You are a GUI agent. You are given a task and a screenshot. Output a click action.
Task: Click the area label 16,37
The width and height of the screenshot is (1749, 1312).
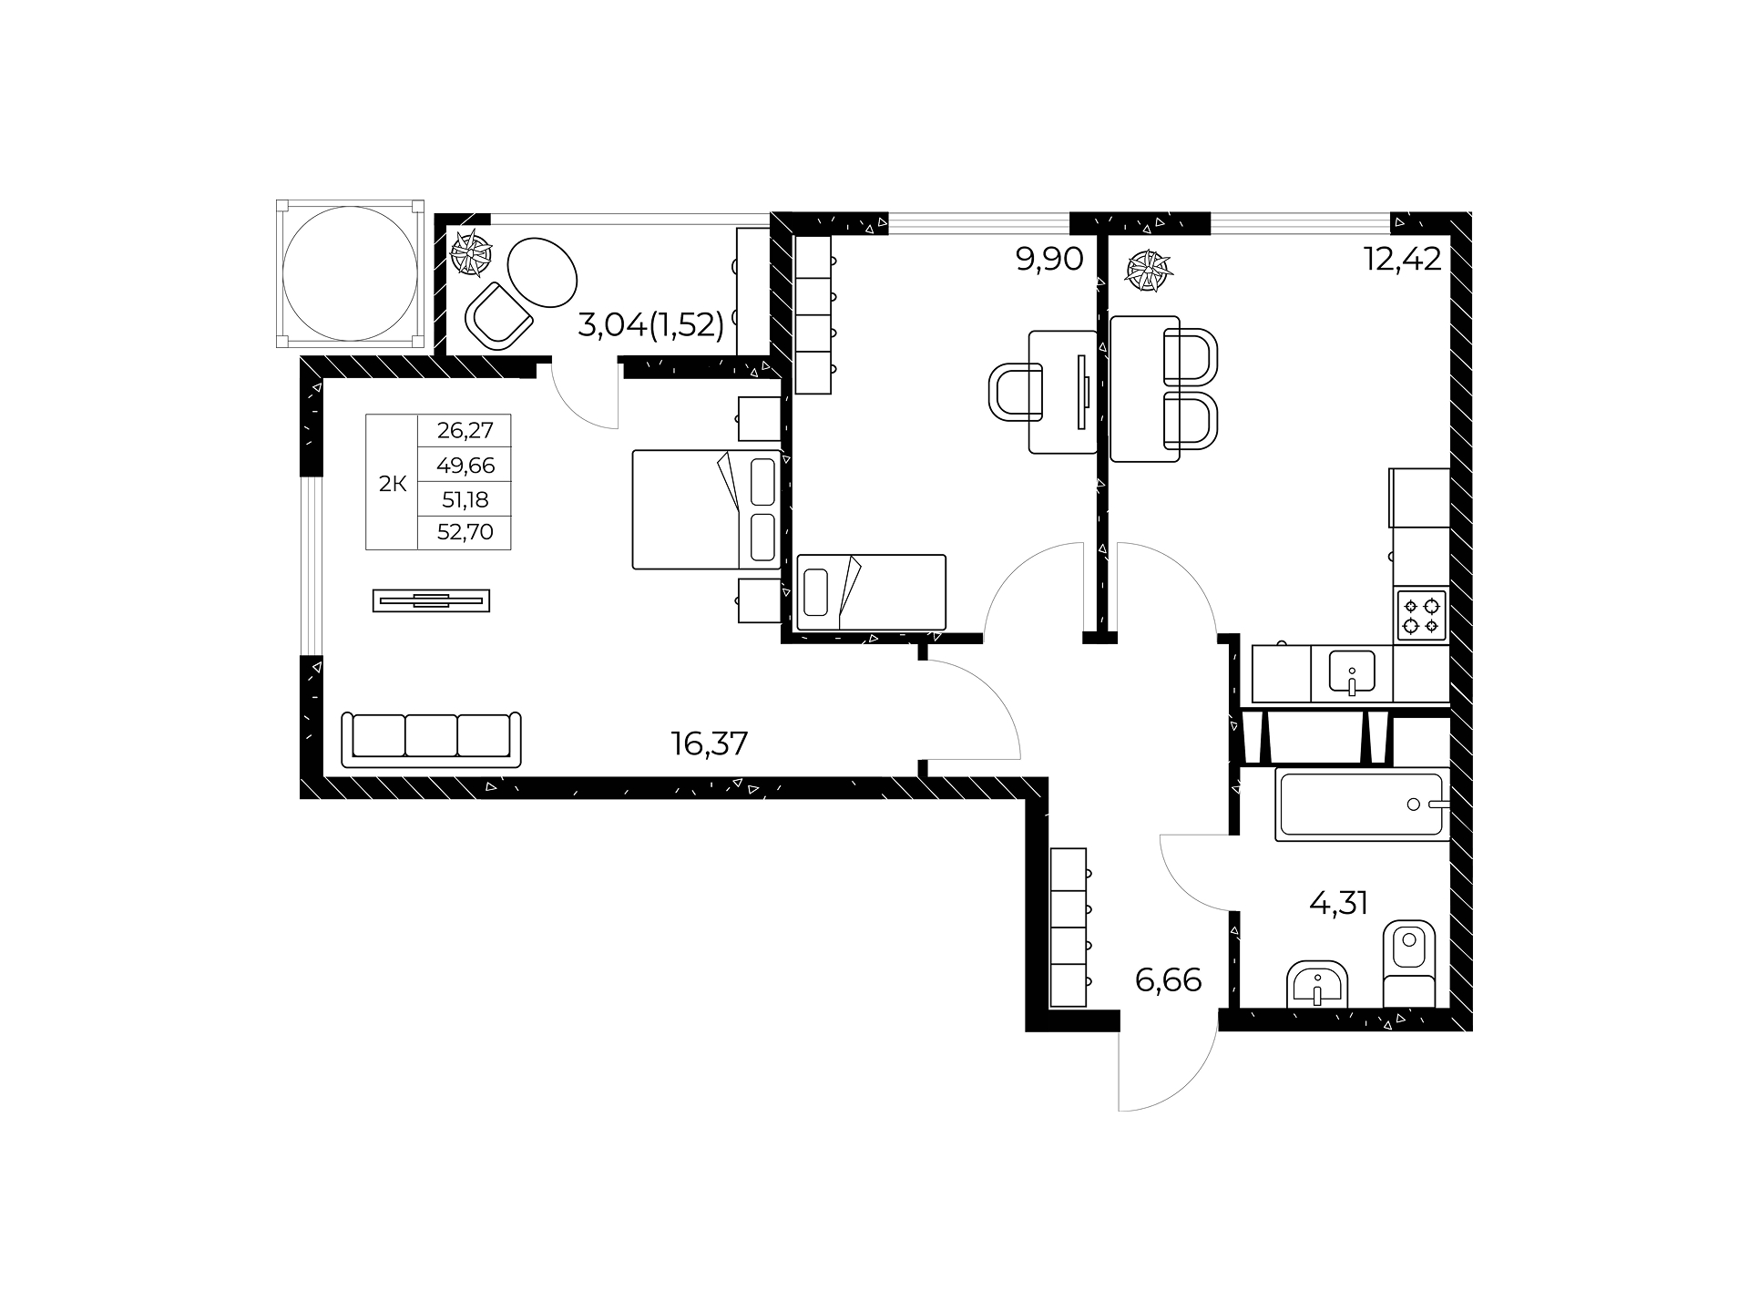[710, 744]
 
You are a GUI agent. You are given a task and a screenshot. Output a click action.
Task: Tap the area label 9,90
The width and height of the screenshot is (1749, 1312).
[1049, 260]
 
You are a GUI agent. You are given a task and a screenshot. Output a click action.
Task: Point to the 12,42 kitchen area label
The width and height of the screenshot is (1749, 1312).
[1403, 260]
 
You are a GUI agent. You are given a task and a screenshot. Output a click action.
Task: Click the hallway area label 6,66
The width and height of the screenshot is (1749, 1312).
[1169, 980]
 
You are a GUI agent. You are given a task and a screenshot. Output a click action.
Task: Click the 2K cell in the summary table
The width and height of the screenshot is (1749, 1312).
[393, 484]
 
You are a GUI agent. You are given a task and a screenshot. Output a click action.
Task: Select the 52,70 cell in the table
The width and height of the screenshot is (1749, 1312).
[465, 532]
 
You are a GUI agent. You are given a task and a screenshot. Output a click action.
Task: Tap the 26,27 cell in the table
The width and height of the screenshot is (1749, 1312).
[465, 430]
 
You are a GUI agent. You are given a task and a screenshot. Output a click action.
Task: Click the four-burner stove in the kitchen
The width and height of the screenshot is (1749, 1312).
[1422, 615]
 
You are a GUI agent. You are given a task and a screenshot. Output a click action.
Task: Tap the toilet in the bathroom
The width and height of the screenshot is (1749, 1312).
[1408, 964]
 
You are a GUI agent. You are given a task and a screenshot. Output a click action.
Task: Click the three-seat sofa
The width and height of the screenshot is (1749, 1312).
[432, 738]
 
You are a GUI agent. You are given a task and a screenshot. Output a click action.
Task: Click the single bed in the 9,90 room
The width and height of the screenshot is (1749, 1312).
[872, 592]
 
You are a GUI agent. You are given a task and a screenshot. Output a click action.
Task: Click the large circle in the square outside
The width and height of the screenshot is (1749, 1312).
[350, 272]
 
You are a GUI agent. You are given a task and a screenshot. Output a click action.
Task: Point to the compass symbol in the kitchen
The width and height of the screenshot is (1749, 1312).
[1150, 272]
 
